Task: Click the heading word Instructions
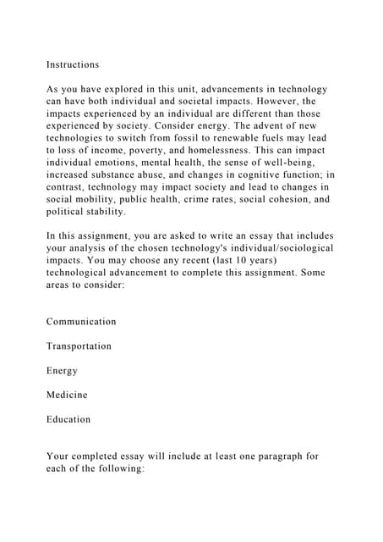click(x=73, y=64)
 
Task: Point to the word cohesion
click(x=269, y=199)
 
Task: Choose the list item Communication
click(x=81, y=322)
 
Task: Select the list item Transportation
click(x=79, y=346)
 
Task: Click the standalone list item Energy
click(x=62, y=371)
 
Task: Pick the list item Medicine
click(x=67, y=395)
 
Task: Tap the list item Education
click(x=68, y=419)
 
